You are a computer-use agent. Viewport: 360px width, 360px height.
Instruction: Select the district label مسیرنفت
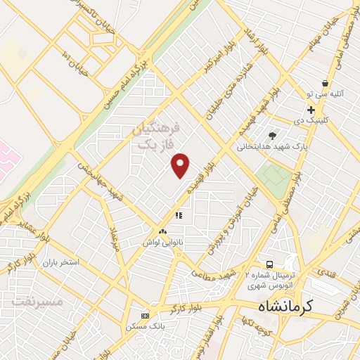[37, 301]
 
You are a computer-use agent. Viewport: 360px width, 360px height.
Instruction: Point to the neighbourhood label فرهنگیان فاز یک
[157, 136]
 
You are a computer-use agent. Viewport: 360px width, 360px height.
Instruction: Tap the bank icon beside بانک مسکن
[146, 316]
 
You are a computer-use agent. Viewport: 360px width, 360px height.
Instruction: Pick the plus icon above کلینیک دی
[310, 110]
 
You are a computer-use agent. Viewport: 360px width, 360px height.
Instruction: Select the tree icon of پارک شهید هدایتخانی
[272, 136]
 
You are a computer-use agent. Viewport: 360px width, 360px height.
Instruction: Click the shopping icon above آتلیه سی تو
[324, 83]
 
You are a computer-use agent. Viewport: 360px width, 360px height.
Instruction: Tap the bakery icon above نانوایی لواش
[162, 231]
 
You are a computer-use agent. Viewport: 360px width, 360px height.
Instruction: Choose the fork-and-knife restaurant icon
[179, 215]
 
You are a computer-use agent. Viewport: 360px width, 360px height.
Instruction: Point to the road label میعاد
[112, 239]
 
